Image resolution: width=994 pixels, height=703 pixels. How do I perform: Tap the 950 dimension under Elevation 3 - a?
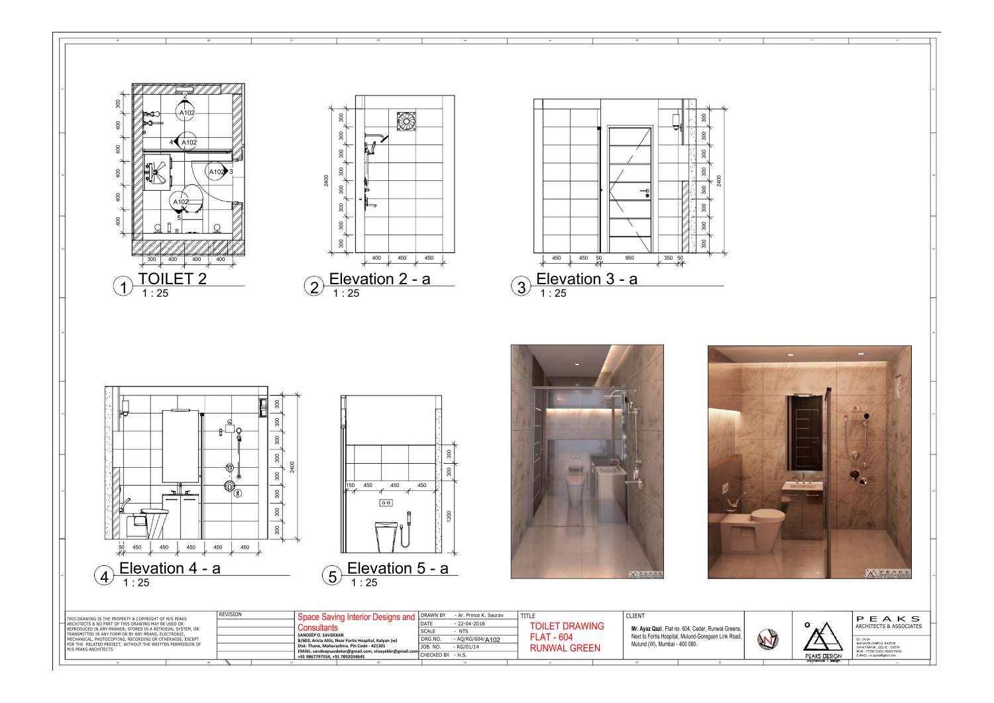629,258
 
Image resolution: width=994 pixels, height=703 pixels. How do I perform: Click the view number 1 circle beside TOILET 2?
123,287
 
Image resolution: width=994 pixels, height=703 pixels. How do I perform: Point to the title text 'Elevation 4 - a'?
170,568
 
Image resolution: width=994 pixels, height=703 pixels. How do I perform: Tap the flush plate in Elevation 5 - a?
385,503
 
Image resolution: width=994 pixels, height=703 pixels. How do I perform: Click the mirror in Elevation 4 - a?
180,446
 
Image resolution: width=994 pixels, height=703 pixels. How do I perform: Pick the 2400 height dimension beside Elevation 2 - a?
326,181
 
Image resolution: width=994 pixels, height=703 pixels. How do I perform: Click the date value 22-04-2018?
470,623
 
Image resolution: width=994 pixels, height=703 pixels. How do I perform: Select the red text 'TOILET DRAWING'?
567,626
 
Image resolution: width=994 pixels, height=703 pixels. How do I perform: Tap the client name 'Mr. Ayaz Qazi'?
647,629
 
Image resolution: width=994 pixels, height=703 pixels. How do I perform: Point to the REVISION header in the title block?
230,615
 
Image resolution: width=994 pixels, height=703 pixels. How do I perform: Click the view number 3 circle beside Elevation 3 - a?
522,287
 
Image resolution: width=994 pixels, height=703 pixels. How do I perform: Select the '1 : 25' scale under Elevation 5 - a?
364,583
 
